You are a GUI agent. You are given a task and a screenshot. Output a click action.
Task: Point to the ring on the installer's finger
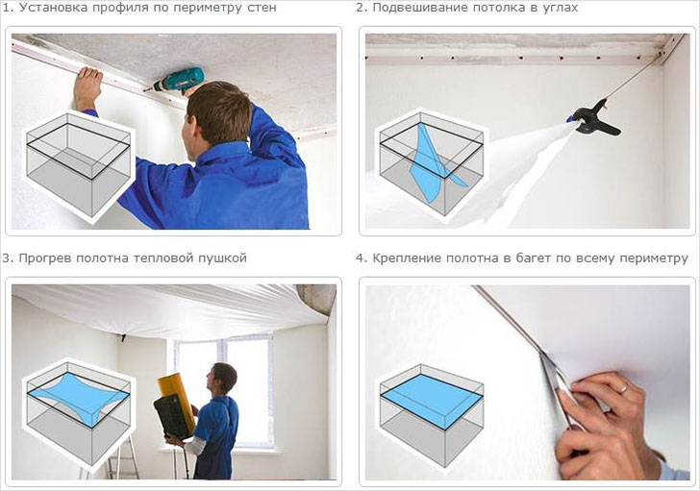pos(623,388)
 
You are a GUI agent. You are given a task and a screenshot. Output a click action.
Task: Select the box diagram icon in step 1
pos(78,164)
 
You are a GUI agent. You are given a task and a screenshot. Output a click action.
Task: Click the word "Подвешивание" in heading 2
pos(417,8)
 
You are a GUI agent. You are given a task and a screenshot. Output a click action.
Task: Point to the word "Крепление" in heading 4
pos(408,258)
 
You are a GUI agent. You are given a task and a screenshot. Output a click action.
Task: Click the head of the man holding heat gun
pos(223,379)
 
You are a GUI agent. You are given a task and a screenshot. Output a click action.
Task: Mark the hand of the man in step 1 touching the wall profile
pos(88,86)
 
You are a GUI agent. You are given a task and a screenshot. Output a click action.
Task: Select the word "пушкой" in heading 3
pos(226,258)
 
